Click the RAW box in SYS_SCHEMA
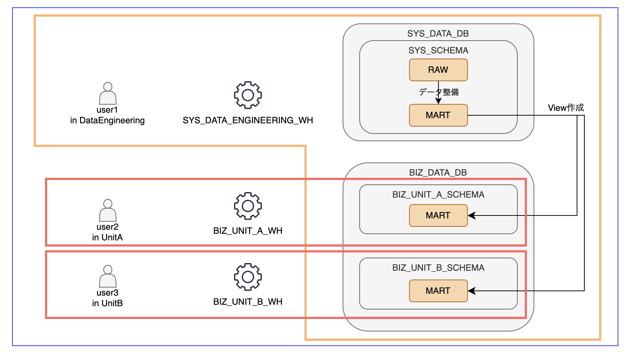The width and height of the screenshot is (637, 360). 438,70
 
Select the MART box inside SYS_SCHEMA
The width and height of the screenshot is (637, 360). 438,115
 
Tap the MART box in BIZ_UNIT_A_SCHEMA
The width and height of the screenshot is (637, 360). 438,215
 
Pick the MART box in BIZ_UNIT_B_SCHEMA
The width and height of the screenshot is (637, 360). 438,291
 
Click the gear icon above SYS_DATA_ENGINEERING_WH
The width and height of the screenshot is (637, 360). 248,95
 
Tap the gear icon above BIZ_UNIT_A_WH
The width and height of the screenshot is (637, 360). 248,206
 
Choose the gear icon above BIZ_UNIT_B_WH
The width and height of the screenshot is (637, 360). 248,277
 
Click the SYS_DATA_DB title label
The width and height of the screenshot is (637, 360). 438,34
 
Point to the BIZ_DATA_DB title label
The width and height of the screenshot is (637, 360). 438,173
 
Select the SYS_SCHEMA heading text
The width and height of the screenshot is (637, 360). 438,50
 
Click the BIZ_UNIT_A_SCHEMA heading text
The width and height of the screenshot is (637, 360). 438,195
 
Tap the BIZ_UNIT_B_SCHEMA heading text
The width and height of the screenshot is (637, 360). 438,268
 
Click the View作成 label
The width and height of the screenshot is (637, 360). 566,108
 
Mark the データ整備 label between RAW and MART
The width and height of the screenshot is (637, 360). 439,92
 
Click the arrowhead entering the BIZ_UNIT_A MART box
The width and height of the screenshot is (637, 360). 472,215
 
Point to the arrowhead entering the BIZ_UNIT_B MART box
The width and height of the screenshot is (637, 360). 472,291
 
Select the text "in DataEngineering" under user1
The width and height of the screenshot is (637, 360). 108,120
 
